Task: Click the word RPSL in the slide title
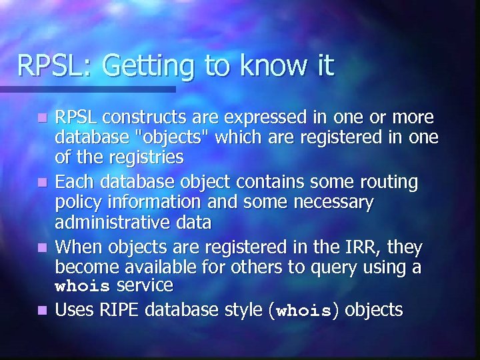click(x=47, y=66)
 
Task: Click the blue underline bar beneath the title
click(x=87, y=89)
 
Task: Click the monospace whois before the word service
click(x=83, y=287)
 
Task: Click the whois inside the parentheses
click(x=303, y=311)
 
